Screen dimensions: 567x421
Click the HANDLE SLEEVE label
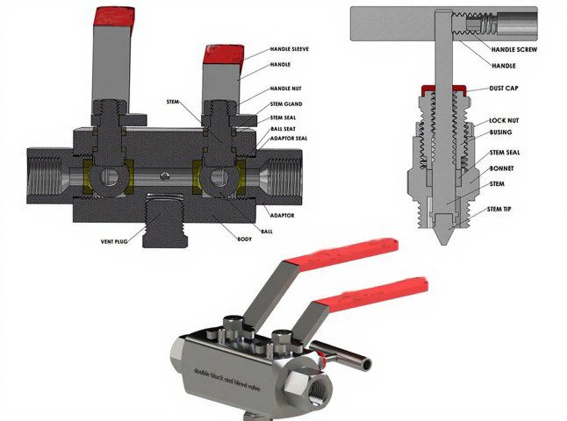[x=290, y=49]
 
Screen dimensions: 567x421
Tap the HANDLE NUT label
[x=285, y=89]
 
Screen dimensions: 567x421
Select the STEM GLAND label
[x=286, y=104]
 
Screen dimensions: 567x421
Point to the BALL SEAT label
[x=283, y=129]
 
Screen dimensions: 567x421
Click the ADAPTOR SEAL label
[x=289, y=138]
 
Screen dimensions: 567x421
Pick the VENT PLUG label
[x=114, y=241]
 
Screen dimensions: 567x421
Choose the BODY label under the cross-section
[x=245, y=239]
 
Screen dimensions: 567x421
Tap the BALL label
[x=267, y=232]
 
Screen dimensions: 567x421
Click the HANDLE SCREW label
[x=514, y=49]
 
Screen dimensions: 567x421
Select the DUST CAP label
[x=504, y=89]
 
